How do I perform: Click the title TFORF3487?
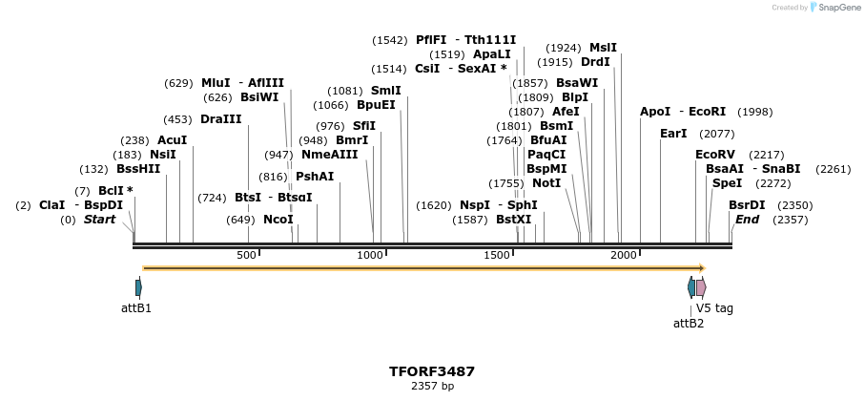point(431,371)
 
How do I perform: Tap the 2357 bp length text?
point(432,387)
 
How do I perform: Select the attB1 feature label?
point(136,308)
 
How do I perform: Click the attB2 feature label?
point(689,324)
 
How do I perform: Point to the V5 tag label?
point(715,308)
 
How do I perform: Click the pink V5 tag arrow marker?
point(701,287)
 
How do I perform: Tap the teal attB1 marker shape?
point(138,287)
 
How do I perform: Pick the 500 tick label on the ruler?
point(246,256)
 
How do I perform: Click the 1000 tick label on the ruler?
point(370,256)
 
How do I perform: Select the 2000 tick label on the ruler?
point(623,256)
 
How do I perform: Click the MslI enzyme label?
point(603,48)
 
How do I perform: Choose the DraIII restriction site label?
point(221,119)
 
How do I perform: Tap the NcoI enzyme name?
point(278,220)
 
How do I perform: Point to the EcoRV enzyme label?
point(715,155)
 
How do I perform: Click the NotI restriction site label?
point(546,183)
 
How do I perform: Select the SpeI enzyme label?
point(727,183)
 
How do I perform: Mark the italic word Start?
point(99,220)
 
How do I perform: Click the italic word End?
point(747,220)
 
